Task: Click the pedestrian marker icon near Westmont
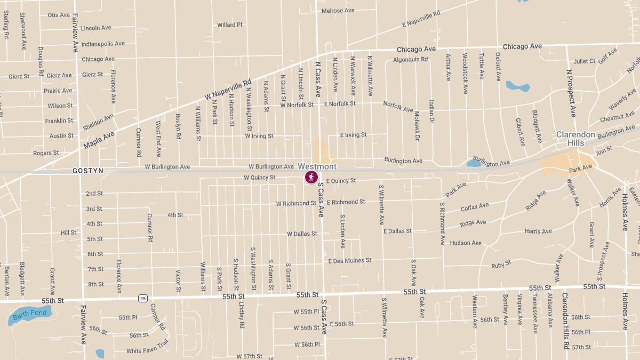[311, 177]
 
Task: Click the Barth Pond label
[30, 313]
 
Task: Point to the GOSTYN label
[88, 171]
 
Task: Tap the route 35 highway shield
[142, 298]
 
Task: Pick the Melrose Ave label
[338, 11]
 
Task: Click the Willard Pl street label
[229, 25]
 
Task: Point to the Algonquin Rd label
[410, 60]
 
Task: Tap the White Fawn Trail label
[148, 347]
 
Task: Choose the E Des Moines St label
[350, 261]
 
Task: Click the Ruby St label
[501, 263]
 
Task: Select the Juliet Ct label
[584, 61]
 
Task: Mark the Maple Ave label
[99, 140]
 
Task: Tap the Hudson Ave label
[466, 243]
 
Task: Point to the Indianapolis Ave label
[103, 44]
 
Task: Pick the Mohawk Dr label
[418, 127]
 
